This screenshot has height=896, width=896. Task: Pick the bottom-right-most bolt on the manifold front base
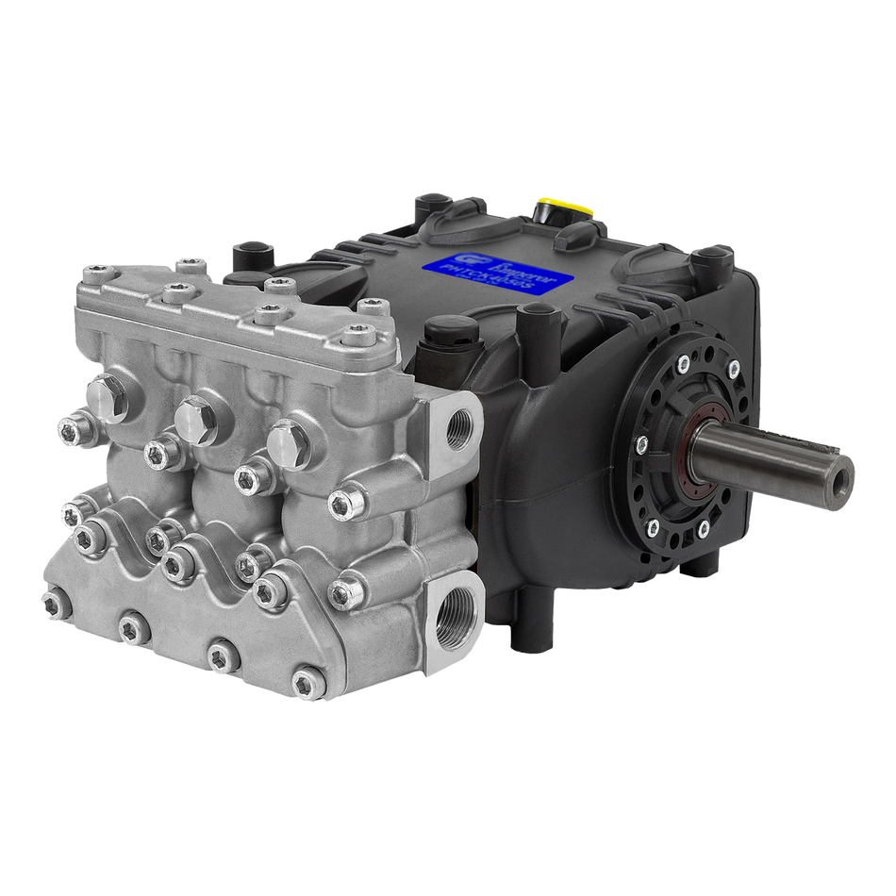307,680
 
